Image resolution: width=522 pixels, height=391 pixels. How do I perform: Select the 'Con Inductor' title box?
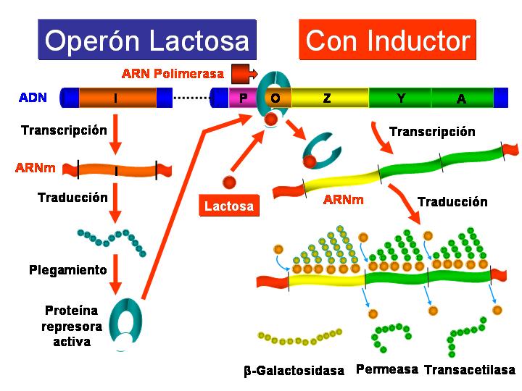pyautogui.click(x=388, y=40)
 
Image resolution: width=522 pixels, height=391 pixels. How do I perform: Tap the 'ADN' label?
pyautogui.click(x=33, y=97)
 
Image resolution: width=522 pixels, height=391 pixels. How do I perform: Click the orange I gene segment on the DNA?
pyautogui.click(x=117, y=98)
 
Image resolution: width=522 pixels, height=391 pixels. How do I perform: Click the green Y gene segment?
pyautogui.click(x=400, y=98)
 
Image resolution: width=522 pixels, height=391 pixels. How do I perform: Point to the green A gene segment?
pyautogui.click(x=462, y=98)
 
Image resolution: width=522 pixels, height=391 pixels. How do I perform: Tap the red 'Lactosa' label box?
pyautogui.click(x=229, y=206)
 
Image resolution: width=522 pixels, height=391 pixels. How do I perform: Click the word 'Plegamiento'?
pyautogui.click(x=68, y=270)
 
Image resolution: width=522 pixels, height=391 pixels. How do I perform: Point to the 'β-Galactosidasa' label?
pyautogui.click(x=294, y=371)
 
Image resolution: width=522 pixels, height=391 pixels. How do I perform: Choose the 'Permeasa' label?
pyautogui.click(x=387, y=369)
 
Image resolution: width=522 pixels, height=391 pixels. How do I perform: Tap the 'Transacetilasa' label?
pyautogui.click(x=470, y=369)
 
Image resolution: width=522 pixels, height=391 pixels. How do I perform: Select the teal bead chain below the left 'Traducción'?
pyautogui.click(x=113, y=240)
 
